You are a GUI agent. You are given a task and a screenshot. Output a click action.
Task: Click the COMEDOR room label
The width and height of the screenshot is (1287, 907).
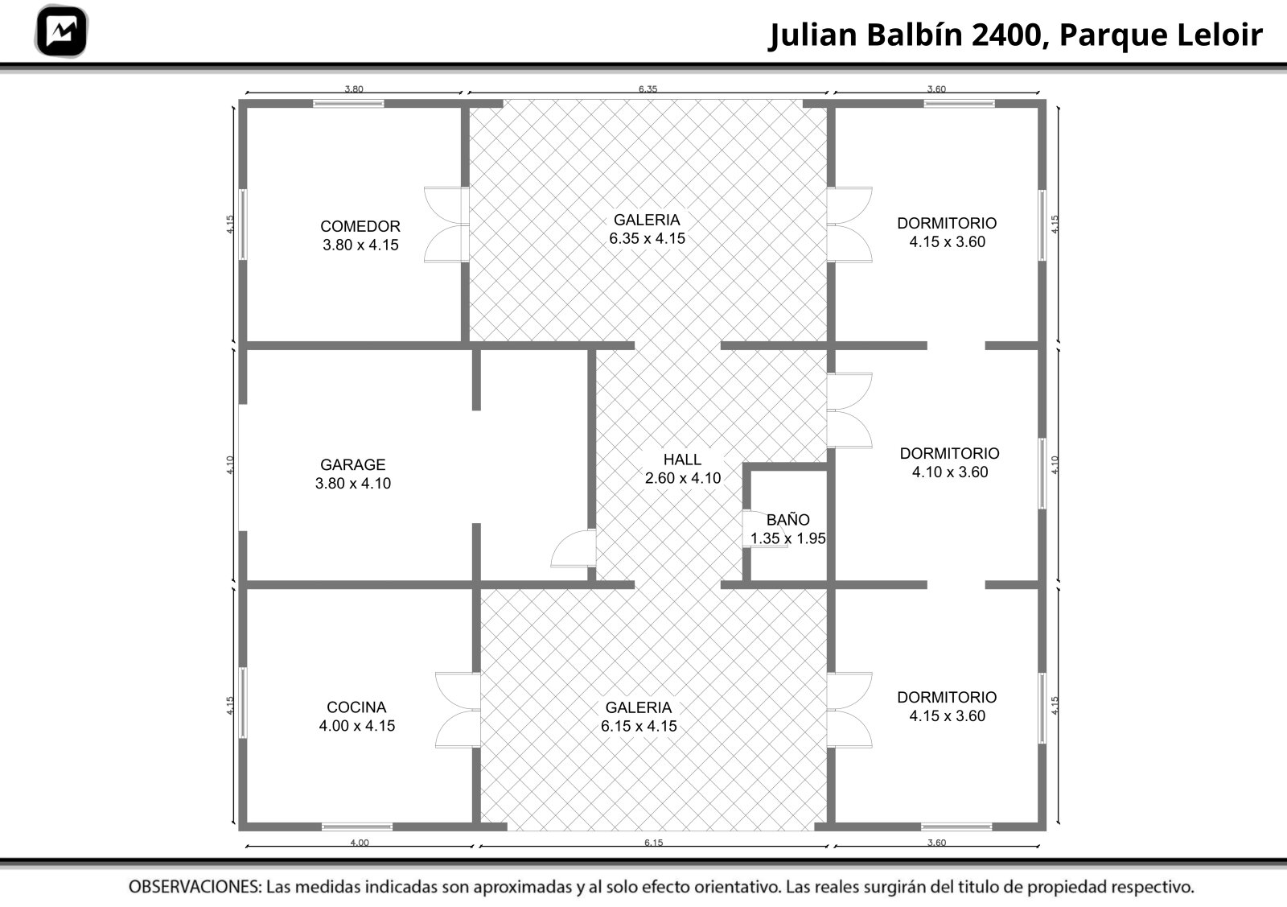[360, 235]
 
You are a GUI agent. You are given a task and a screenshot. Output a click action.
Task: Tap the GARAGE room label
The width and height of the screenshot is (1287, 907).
[353, 473]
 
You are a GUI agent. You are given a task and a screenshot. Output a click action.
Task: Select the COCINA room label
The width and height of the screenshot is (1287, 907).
[357, 716]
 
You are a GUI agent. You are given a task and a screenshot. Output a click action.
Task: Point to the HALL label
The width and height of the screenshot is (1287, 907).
[683, 468]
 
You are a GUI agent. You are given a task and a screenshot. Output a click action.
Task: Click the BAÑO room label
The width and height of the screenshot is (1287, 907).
[787, 529]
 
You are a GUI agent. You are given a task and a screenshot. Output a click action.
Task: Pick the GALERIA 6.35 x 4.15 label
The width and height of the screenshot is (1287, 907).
[647, 229]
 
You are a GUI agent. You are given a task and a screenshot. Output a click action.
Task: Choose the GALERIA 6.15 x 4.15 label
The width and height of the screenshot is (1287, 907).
[639, 716]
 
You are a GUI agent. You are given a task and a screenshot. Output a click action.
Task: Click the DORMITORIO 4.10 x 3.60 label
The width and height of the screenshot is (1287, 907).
[950, 462]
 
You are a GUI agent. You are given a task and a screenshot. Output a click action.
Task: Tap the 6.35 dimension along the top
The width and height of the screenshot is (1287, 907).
[648, 89]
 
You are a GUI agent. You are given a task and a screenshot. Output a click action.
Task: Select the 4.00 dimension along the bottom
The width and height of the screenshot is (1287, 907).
[360, 843]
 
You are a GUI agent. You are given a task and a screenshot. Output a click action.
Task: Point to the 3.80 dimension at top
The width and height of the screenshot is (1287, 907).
[354, 89]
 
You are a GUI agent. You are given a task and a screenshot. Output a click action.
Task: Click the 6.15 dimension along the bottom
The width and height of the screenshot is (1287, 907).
[653, 843]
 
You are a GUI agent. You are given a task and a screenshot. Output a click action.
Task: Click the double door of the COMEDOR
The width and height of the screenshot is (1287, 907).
[446, 225]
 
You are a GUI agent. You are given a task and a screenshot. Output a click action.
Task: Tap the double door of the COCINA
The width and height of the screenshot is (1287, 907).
[458, 710]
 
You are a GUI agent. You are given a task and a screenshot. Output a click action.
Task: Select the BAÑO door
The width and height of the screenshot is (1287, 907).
[763, 529]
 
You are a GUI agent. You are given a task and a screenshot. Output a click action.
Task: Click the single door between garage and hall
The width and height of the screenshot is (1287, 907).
[574, 548]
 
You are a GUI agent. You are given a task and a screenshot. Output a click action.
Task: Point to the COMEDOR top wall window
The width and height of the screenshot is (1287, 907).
[348, 104]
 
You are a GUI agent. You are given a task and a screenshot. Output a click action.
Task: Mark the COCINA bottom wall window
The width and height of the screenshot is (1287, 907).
[357, 827]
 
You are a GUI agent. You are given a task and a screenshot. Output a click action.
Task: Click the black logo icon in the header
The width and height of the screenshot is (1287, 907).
[61, 31]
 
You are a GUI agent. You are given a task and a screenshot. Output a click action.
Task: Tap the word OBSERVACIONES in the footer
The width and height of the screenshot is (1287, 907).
[195, 887]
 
